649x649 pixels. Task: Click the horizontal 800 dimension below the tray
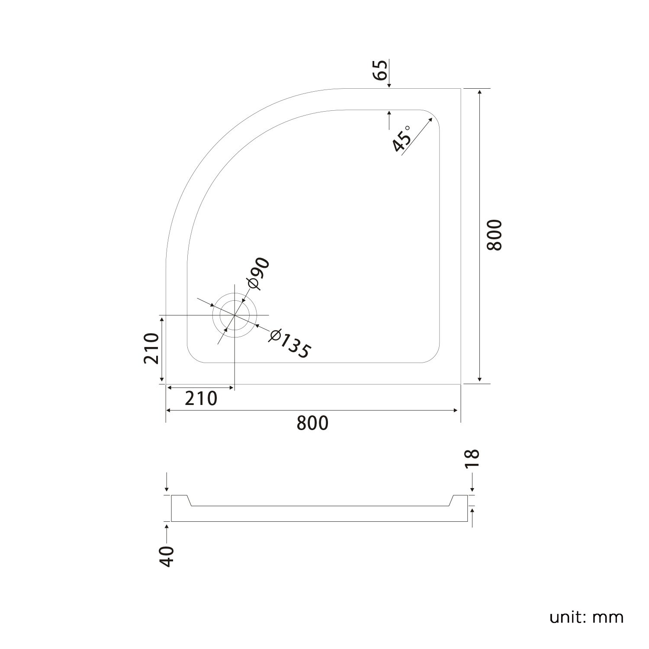pos(312,423)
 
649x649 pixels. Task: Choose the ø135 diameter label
pos(289,344)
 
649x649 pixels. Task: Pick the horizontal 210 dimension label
pos(201,398)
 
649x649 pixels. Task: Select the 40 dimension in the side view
pos(167,556)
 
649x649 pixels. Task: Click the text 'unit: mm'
pos(586,617)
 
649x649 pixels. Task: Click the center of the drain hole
pos(235,315)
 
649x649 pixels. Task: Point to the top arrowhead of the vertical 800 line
pos(479,92)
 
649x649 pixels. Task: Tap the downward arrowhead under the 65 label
pos(389,85)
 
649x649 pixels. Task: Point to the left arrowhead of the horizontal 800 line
pos(170,410)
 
